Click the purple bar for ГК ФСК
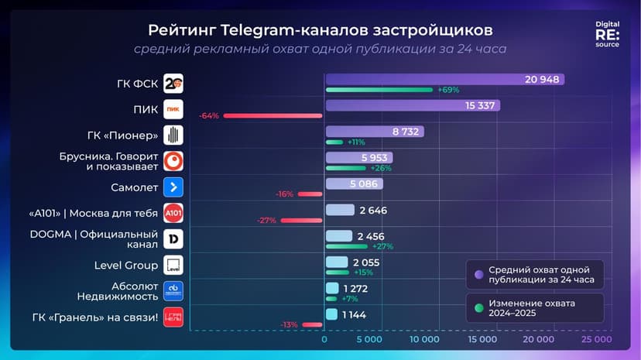point(444,79)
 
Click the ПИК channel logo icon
point(173,109)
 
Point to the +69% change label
point(448,90)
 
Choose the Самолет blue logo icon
point(173,187)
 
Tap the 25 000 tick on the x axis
point(596,339)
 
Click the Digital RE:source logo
point(607,35)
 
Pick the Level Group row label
point(126,266)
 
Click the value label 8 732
point(406,132)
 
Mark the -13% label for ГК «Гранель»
point(290,324)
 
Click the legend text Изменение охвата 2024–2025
point(532,308)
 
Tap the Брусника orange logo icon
point(173,161)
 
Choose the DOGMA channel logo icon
point(173,239)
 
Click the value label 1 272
point(355,289)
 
